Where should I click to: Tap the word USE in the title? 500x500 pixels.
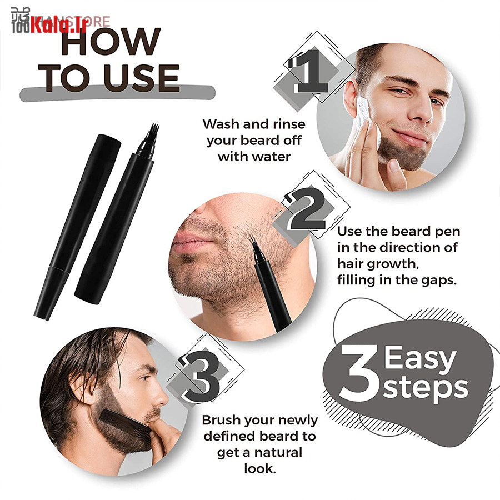click(141, 78)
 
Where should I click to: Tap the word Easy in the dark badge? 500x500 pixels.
click(419, 357)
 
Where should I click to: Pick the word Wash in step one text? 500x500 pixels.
click(222, 124)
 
